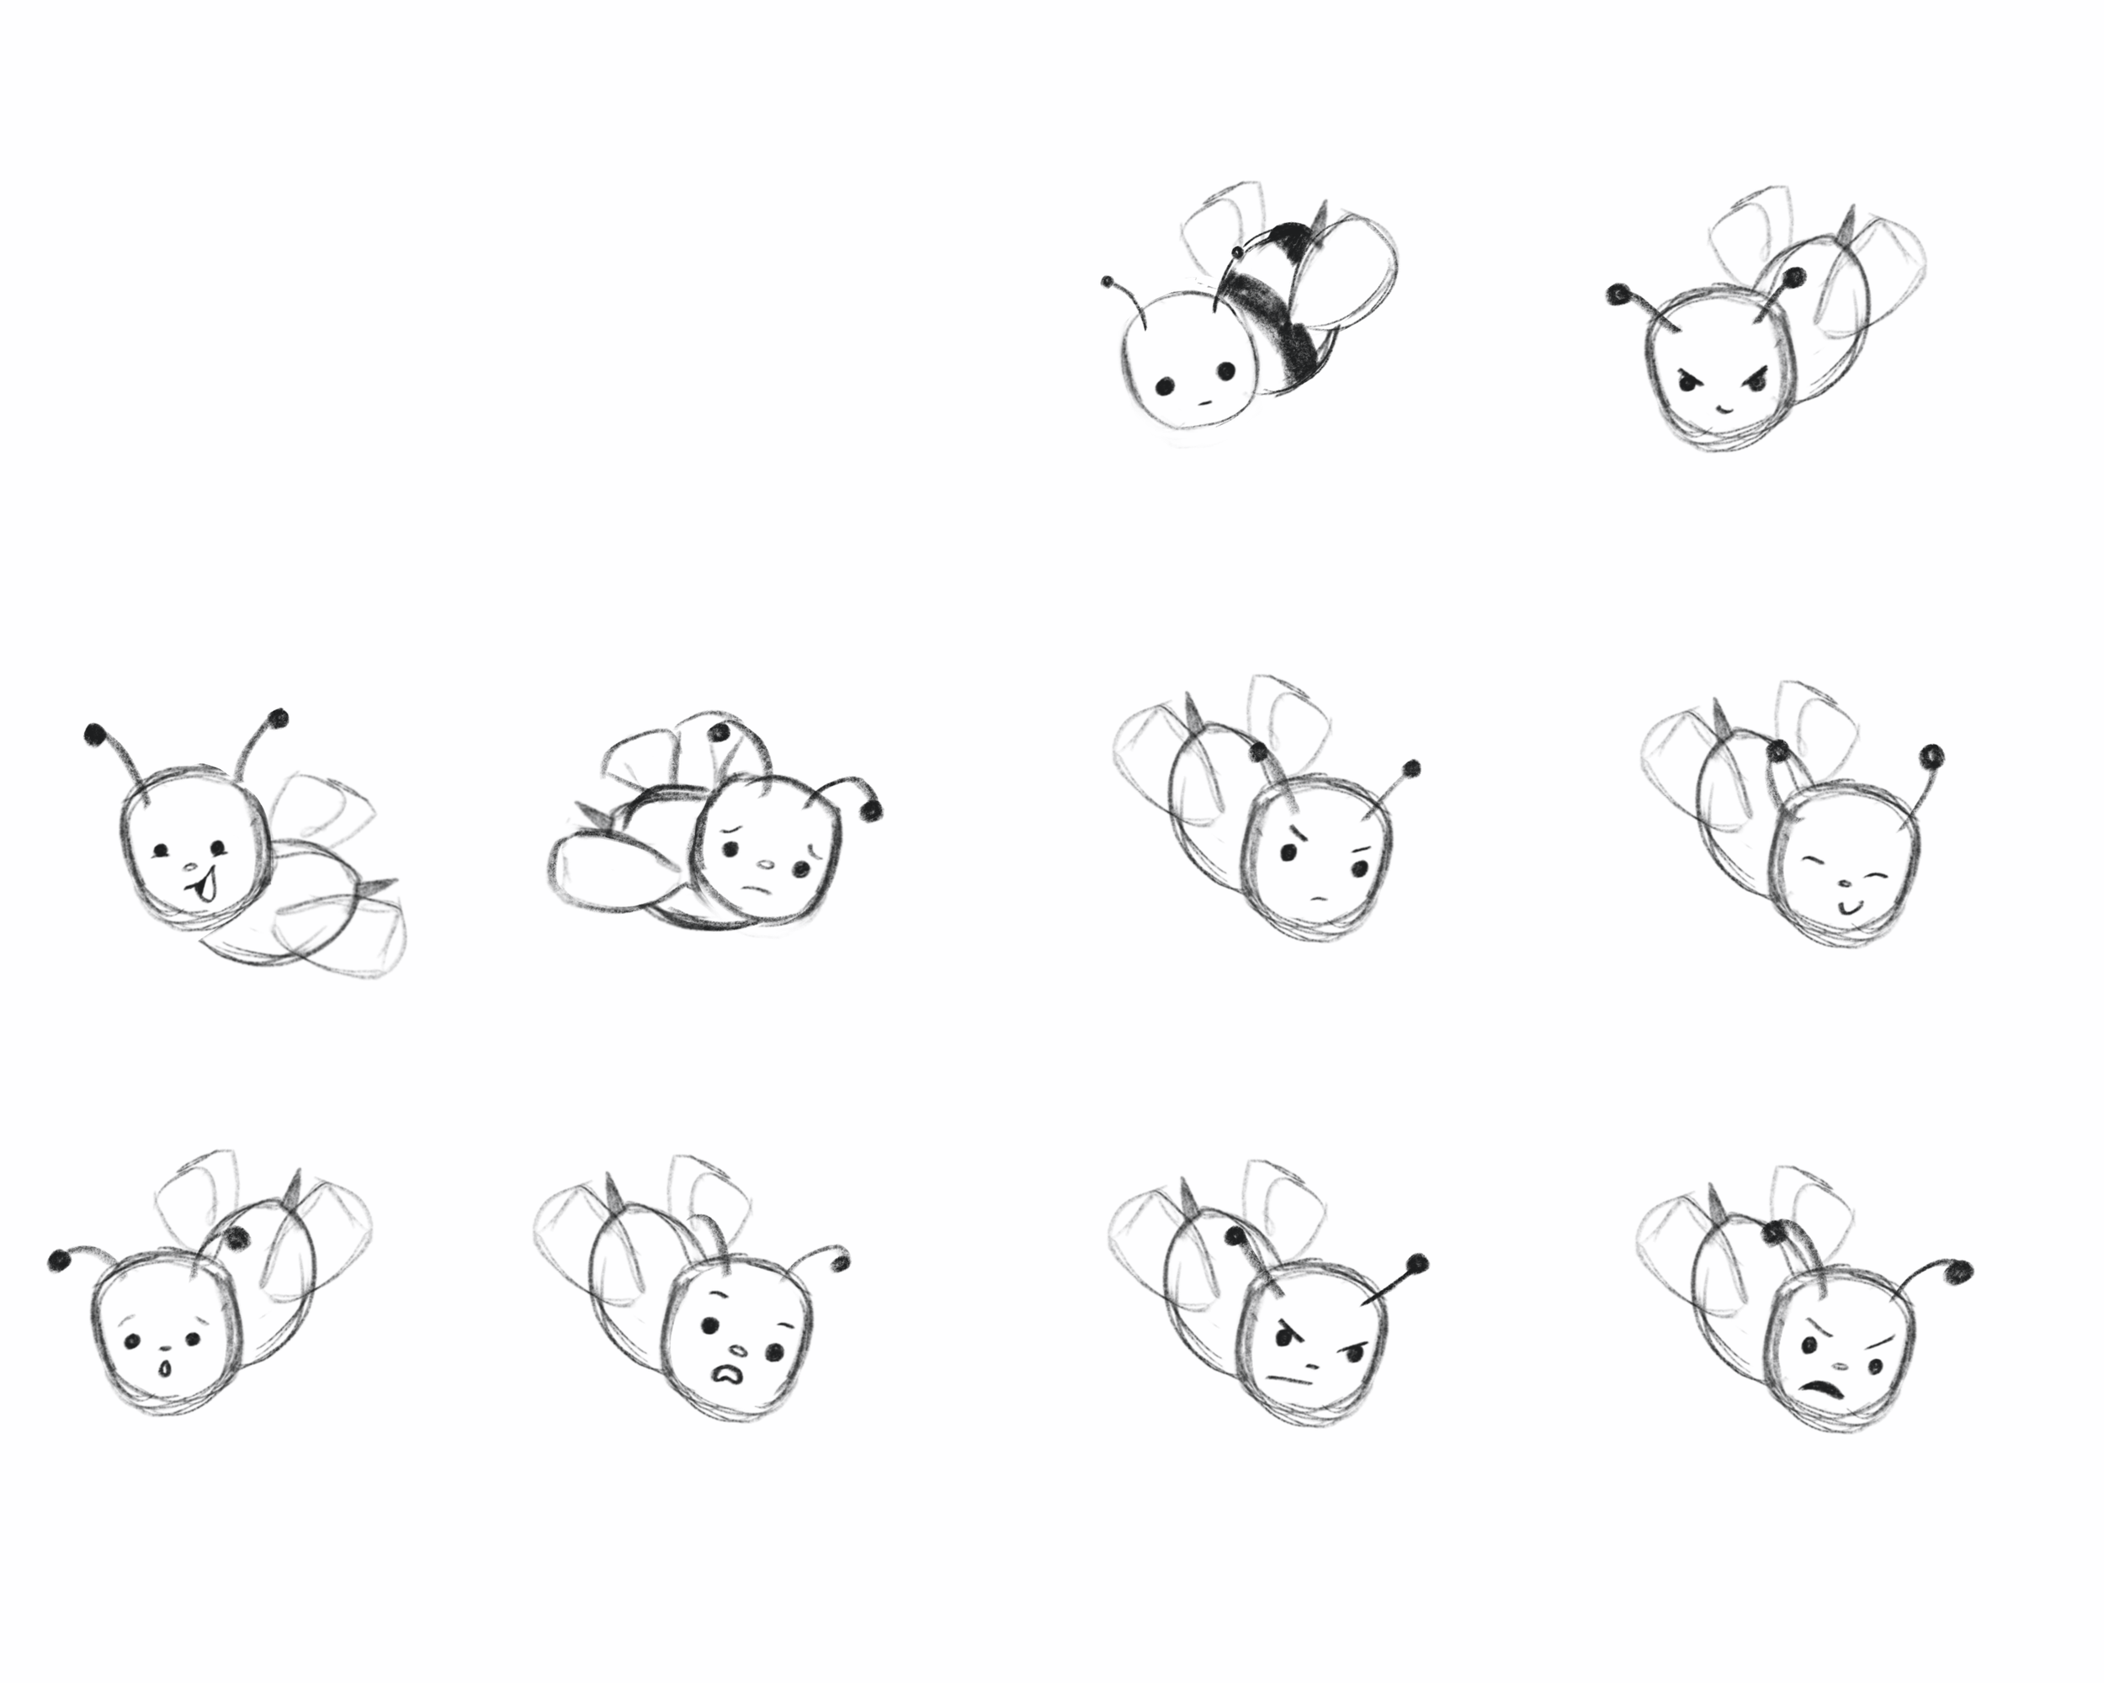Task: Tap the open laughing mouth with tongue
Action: (x=204, y=889)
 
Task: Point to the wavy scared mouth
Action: (x=725, y=1372)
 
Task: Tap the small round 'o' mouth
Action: (x=166, y=1371)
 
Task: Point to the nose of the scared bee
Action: (x=739, y=1351)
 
